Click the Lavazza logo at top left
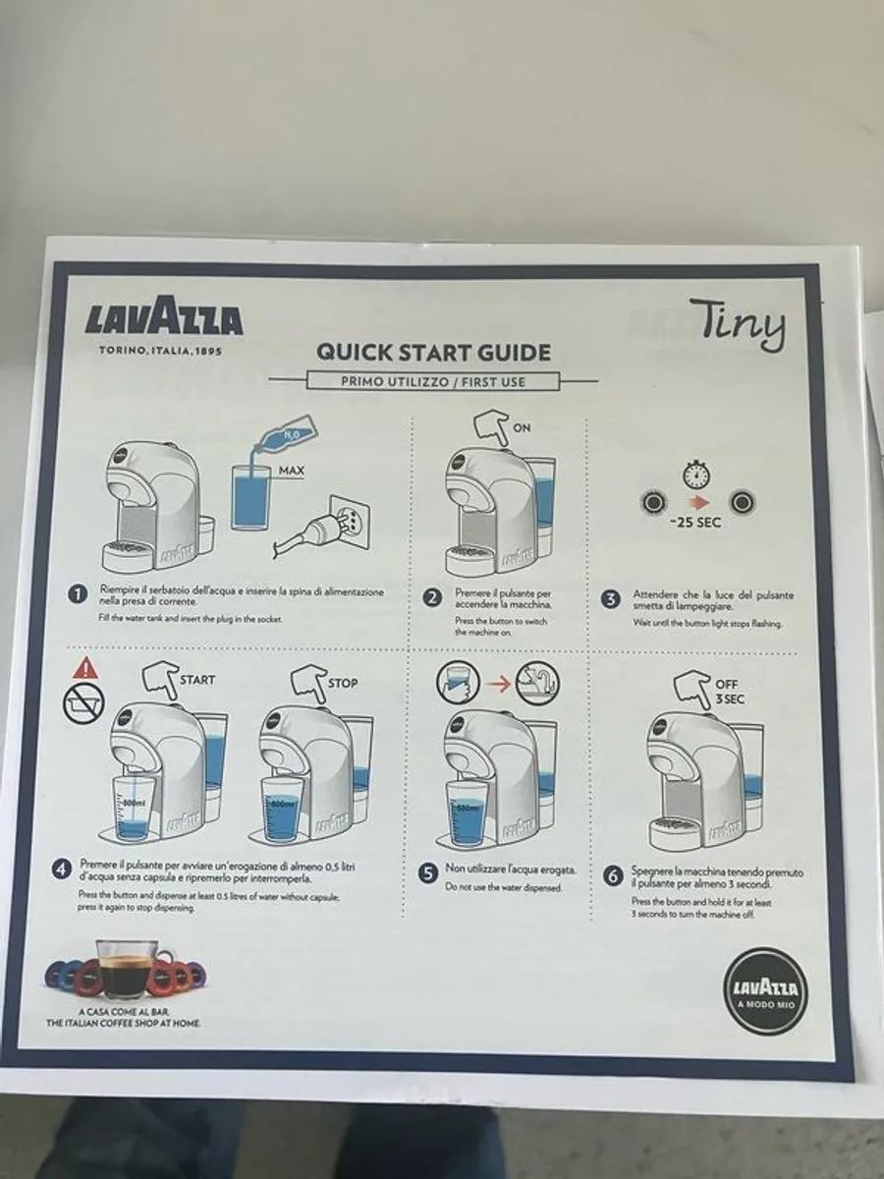[163, 320]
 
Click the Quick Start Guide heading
[432, 353]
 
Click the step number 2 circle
[431, 597]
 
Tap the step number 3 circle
[610, 597]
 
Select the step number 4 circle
[62, 869]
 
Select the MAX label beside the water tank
[291, 471]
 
